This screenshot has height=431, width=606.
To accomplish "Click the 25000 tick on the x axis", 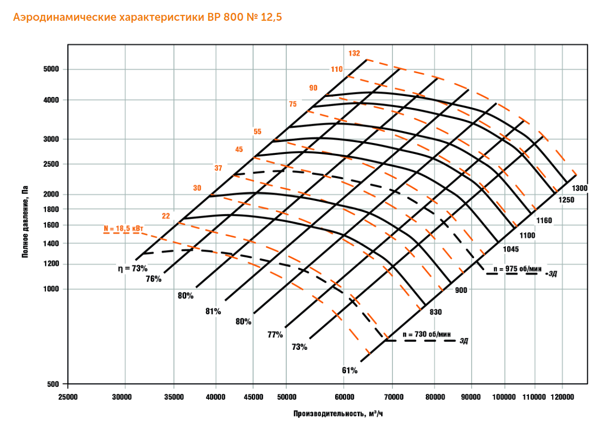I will [x=68, y=397].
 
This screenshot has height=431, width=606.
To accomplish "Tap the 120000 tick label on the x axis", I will [x=563, y=397].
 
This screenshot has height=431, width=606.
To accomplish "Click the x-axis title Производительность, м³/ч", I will [x=338, y=414].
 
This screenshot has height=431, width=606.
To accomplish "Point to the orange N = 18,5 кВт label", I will [x=124, y=229].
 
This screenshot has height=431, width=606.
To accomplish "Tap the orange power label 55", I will [x=257, y=132].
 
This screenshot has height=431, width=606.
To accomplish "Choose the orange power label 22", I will [x=166, y=216].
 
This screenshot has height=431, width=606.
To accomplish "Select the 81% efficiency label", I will [x=213, y=311].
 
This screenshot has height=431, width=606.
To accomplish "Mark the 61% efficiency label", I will [x=349, y=370].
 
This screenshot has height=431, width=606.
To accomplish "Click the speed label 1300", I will [x=579, y=188].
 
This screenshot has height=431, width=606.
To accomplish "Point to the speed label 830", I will [x=435, y=312].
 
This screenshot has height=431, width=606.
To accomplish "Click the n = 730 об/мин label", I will [x=427, y=334].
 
